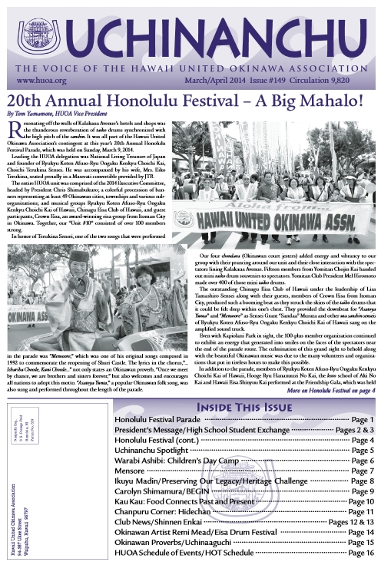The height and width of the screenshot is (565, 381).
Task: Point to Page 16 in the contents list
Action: (358, 552)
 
